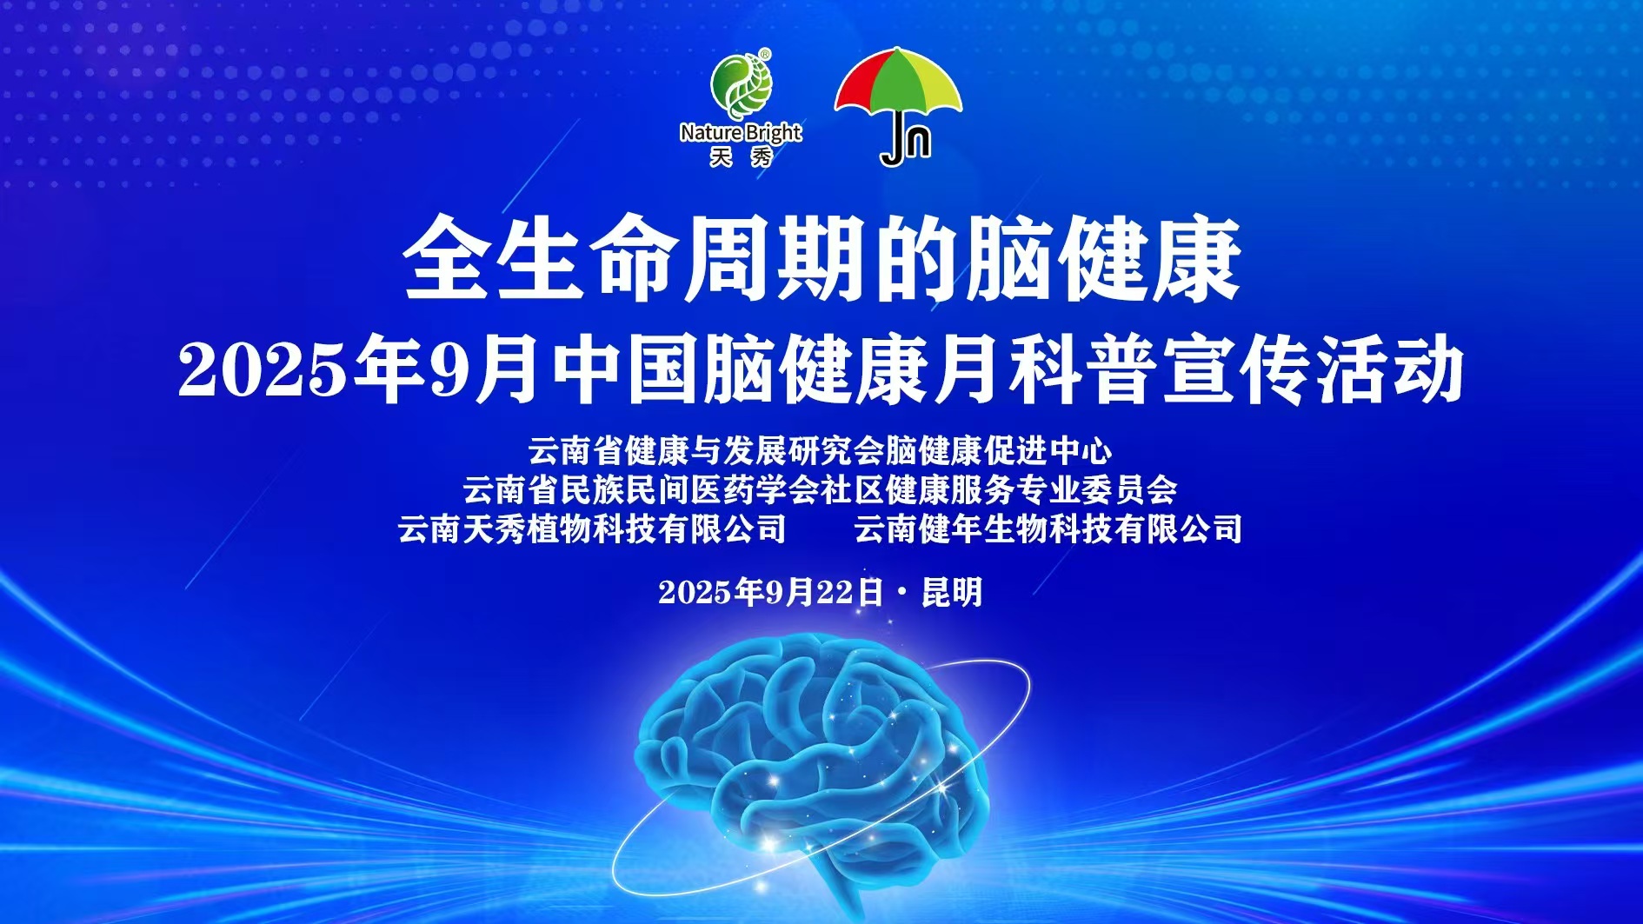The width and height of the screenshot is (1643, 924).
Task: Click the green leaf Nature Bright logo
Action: (742, 87)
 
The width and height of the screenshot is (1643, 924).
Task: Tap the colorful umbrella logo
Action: (899, 104)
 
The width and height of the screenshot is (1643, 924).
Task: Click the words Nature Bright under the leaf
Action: (741, 133)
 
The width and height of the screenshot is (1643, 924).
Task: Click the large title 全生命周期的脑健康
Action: (821, 260)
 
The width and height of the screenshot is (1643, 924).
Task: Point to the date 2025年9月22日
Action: (770, 593)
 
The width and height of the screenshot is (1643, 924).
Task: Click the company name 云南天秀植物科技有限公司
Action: (592, 528)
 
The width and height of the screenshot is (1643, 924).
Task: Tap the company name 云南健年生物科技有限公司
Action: (1048, 528)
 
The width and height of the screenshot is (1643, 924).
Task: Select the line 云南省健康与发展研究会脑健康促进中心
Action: (821, 450)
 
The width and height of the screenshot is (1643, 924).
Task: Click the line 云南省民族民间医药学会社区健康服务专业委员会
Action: (821, 489)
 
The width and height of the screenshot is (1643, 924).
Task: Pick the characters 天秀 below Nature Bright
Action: (741, 157)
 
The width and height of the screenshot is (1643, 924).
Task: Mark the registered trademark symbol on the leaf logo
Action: (765, 54)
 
